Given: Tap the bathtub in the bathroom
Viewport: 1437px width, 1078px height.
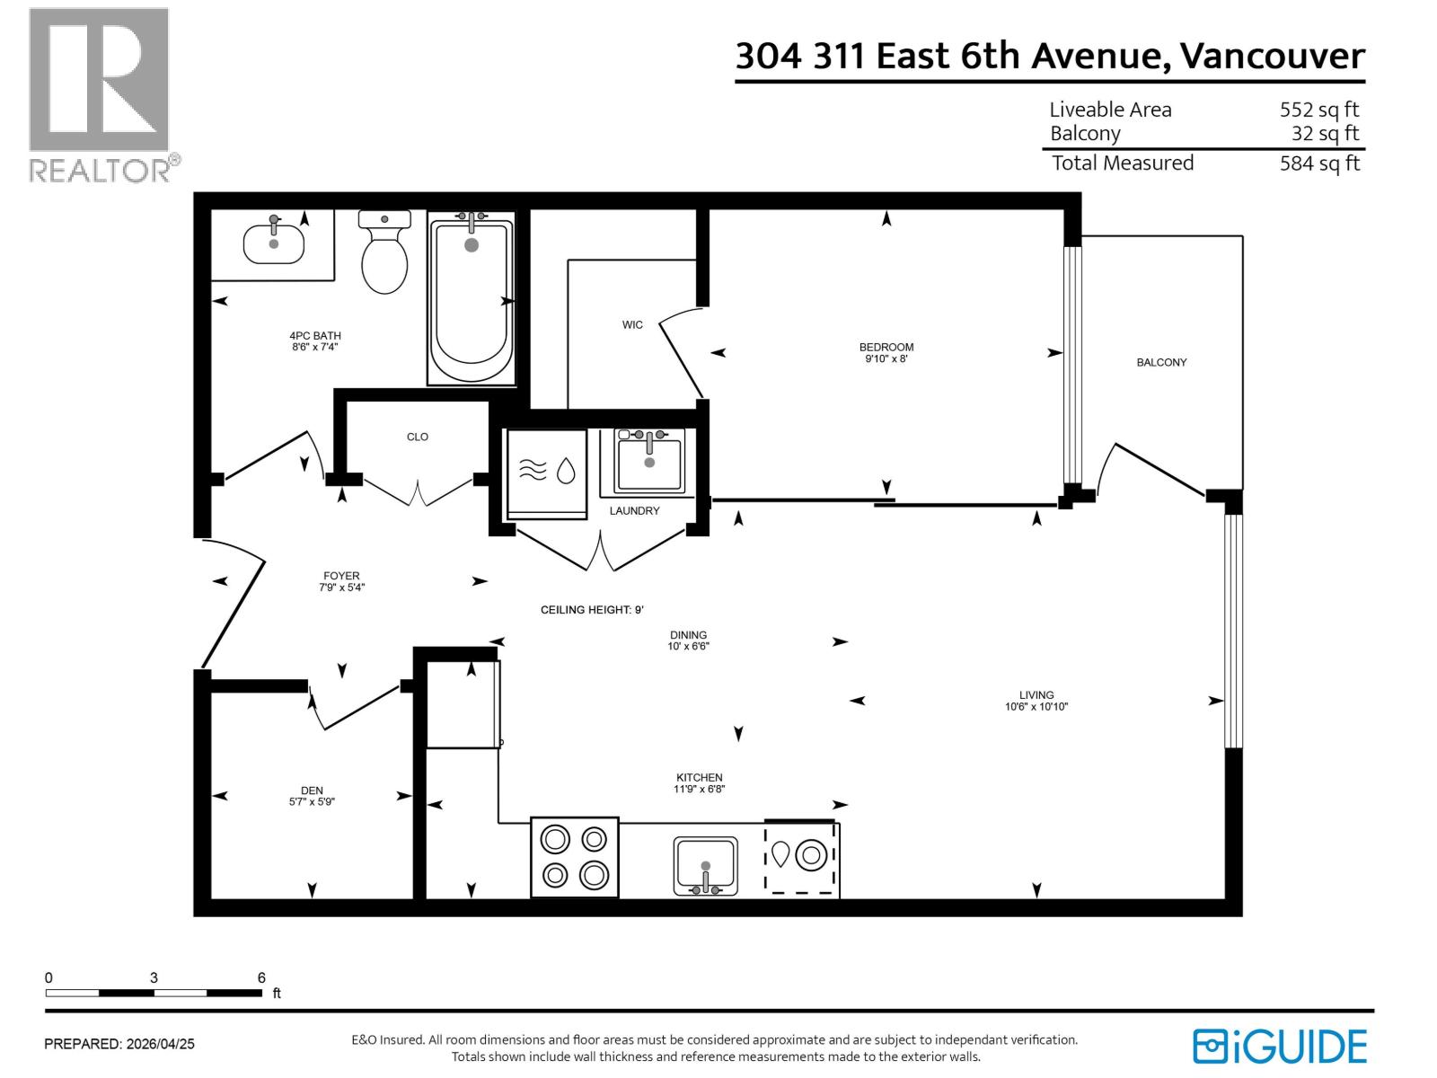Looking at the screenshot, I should [x=471, y=301].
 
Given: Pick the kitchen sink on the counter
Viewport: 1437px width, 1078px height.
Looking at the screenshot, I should [x=705, y=866].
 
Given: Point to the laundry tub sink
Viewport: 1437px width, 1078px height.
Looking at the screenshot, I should [x=649, y=461].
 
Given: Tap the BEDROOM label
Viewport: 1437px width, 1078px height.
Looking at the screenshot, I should [x=886, y=347].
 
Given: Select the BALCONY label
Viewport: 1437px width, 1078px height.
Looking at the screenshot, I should [x=1161, y=362].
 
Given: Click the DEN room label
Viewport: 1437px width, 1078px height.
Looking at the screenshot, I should [x=312, y=791].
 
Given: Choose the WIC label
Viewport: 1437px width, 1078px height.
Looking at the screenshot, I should [x=632, y=324].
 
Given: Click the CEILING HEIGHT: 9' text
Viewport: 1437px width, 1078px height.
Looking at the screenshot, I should [x=592, y=610].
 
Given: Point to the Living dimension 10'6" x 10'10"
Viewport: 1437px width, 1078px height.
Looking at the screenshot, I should [x=1036, y=707].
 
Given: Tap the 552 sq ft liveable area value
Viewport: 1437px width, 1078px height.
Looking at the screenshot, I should [x=1318, y=110].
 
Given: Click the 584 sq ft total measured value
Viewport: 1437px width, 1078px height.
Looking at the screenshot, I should [x=1318, y=163].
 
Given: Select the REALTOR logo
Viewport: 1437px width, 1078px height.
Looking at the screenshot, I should [x=101, y=94].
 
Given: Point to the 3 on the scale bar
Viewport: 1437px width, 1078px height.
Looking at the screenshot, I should [x=154, y=978].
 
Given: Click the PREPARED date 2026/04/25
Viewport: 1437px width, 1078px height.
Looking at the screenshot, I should [x=160, y=1044].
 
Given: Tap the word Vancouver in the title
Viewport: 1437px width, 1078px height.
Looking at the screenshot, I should [x=1272, y=56].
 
